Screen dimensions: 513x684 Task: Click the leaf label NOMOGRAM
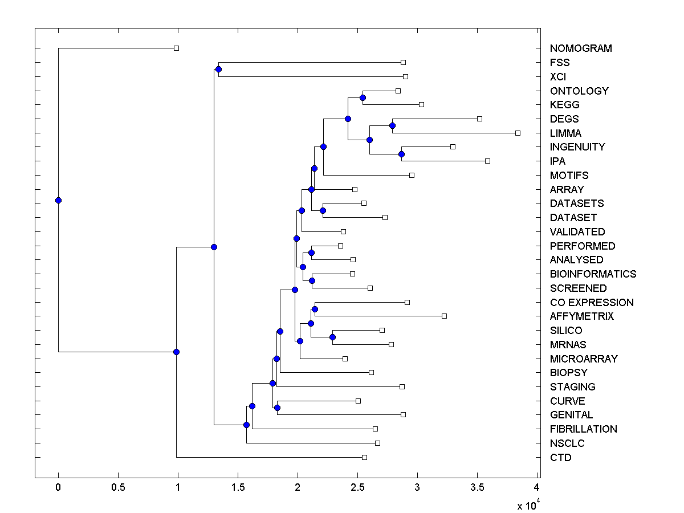click(x=581, y=48)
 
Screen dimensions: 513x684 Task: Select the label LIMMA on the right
click(x=565, y=133)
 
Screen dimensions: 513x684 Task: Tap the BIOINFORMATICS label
click(x=593, y=274)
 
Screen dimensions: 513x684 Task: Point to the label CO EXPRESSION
click(x=592, y=303)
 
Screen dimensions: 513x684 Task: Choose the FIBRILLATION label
click(x=583, y=429)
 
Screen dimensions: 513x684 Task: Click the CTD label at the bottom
click(x=560, y=458)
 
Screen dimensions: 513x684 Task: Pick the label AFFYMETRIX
click(x=581, y=316)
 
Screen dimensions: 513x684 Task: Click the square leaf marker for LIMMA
click(x=518, y=133)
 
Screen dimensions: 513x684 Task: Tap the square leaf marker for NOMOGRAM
click(x=176, y=48)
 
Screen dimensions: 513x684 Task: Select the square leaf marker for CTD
click(x=364, y=457)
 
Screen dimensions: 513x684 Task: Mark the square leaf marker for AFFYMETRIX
click(x=444, y=316)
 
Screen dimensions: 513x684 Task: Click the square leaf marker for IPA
click(x=487, y=161)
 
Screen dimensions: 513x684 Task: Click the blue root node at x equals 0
click(x=58, y=200)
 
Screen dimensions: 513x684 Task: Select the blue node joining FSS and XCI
click(x=218, y=69)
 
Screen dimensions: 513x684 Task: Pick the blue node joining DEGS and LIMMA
click(x=392, y=125)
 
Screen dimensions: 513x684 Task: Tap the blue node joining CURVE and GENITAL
click(x=277, y=408)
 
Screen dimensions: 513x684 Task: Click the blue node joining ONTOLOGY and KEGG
click(x=363, y=97)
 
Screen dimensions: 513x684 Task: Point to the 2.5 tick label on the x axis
click(x=357, y=487)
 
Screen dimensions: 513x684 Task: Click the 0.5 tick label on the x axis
click(x=118, y=487)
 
